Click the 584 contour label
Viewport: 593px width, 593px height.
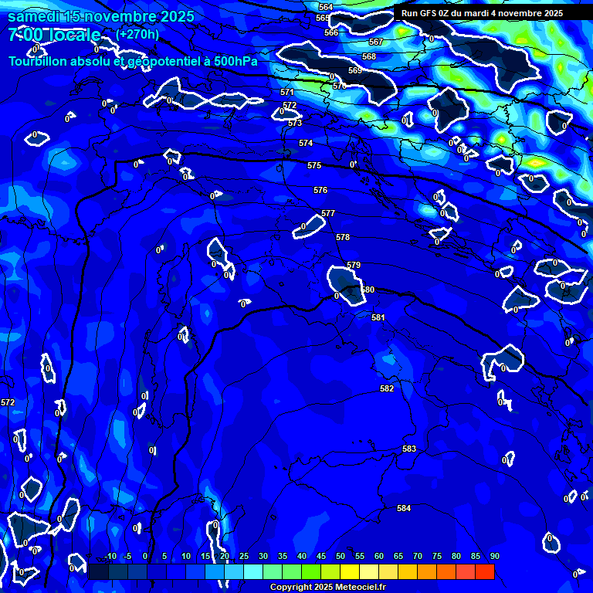pyautogui.click(x=404, y=508)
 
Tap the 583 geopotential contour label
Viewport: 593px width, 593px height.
pyautogui.click(x=409, y=449)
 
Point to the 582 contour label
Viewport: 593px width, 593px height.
pyautogui.click(x=387, y=388)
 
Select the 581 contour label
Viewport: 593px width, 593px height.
pyautogui.click(x=378, y=317)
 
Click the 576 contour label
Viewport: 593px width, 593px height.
pyautogui.click(x=320, y=190)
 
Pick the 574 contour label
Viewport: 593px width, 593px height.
pyautogui.click(x=306, y=143)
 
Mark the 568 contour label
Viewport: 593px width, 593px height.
pyautogui.click(x=369, y=56)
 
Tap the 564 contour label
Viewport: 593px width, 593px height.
pyautogui.click(x=326, y=7)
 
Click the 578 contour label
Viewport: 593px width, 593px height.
pyautogui.click(x=343, y=237)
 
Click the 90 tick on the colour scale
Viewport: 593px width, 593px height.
pyautogui.click(x=494, y=557)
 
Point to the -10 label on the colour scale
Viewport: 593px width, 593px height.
pyautogui.click(x=110, y=557)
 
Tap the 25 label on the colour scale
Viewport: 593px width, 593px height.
pyautogui.click(x=244, y=557)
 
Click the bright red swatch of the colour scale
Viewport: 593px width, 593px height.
pyautogui.click(x=484, y=571)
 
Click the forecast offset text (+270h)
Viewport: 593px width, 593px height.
pyautogui.click(x=137, y=34)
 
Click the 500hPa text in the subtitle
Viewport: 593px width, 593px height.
pyautogui.click(x=234, y=60)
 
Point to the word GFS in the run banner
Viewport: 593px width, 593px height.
pyautogui.click(x=429, y=13)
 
